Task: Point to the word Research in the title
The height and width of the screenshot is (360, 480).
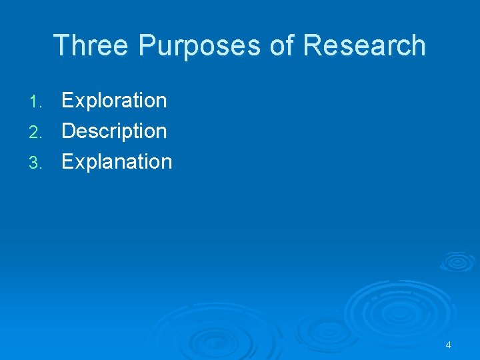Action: coord(364,46)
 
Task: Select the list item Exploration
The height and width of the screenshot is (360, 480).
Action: coord(114,101)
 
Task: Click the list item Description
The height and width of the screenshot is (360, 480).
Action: coord(114,131)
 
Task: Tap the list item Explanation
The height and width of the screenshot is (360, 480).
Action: coord(117,162)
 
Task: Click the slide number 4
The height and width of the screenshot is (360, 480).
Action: coord(448,345)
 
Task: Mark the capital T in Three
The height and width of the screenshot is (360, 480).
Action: coord(61,46)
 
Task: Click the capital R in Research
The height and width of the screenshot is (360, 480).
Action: coord(313,46)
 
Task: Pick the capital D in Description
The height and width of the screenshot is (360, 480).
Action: coord(68,131)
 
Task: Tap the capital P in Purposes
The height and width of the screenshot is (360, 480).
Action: coord(146,46)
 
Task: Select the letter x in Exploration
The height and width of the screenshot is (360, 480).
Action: coord(79,101)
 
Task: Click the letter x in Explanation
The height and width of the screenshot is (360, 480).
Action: coord(79,163)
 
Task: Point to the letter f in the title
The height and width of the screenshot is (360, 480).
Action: coord(291,45)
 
